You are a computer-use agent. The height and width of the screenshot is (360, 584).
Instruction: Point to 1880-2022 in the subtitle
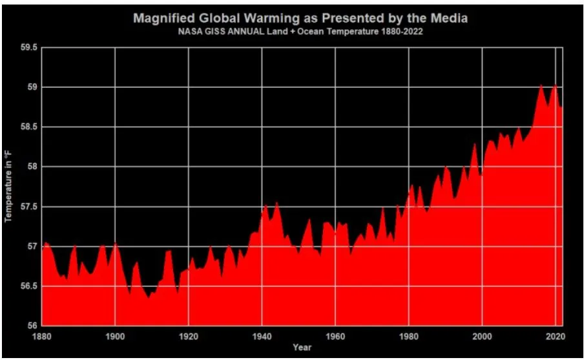(401, 31)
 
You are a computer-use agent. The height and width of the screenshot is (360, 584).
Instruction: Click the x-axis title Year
(302, 348)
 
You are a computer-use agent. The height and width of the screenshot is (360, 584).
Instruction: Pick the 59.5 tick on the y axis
(30, 47)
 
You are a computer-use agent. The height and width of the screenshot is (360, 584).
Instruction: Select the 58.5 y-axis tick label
(30, 127)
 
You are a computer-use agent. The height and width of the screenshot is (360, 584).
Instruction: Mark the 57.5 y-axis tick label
(30, 207)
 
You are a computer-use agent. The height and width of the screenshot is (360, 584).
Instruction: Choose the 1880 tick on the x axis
(42, 336)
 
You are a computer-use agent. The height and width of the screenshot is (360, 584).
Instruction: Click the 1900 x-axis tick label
(115, 336)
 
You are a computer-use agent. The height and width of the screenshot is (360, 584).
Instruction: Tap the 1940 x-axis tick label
(262, 336)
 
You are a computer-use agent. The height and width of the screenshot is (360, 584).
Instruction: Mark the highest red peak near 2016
(541, 85)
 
